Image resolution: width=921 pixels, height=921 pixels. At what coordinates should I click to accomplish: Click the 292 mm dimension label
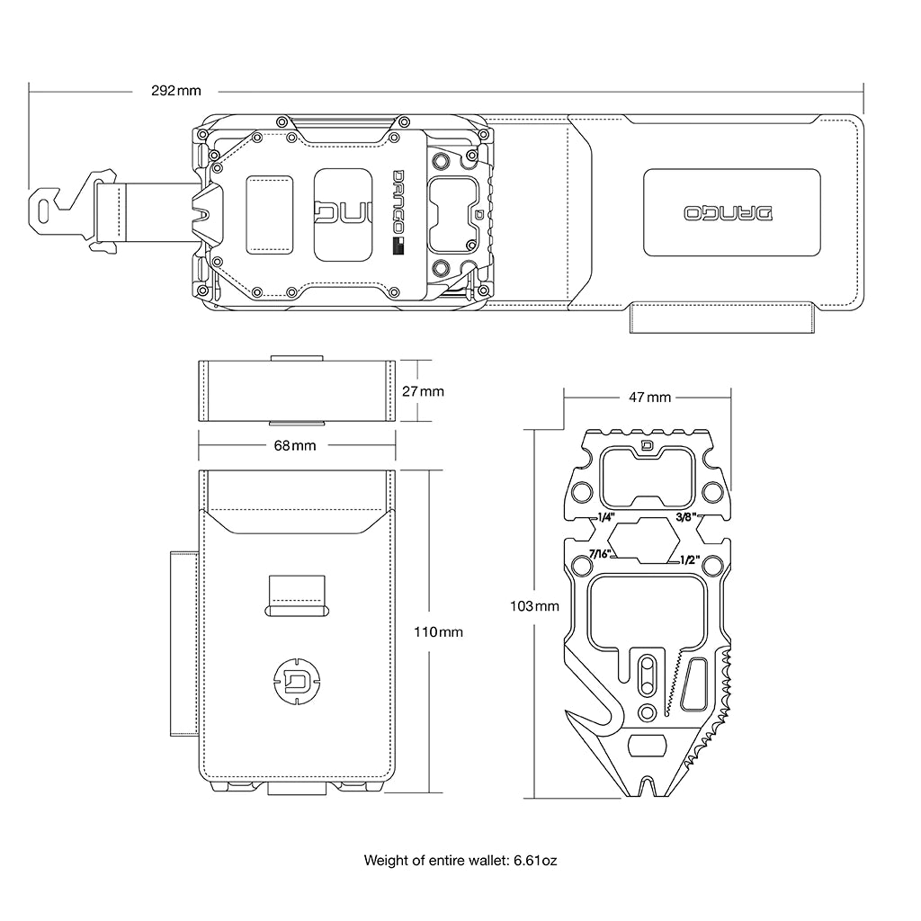click(x=175, y=91)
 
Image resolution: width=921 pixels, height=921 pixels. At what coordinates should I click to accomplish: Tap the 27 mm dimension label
click(x=423, y=391)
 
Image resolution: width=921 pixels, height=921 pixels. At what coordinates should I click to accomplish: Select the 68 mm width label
click(x=297, y=445)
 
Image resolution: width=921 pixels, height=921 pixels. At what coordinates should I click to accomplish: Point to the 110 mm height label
click(x=438, y=632)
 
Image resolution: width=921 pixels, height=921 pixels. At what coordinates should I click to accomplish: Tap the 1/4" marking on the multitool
click(x=605, y=518)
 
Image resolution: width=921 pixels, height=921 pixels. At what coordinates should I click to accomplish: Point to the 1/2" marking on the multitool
click(x=691, y=559)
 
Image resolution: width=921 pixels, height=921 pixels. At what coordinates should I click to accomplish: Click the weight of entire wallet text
click(x=460, y=861)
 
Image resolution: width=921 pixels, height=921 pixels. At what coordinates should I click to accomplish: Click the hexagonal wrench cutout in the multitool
click(x=646, y=539)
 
